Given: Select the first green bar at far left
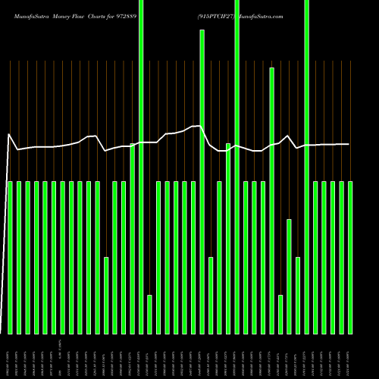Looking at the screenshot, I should pos(11,258).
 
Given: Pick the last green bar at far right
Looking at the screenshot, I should pos(350,258).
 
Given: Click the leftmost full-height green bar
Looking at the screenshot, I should pos(141,167).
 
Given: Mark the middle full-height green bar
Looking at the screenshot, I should pos(237,167).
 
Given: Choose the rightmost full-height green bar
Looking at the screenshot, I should pos(307,167).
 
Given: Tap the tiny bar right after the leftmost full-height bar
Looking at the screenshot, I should pos(150,314).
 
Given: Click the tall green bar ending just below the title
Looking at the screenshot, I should pos(202,182).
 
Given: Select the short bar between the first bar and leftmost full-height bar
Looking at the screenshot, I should pos(106,296).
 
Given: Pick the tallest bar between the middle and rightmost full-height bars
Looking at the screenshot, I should pos(272,201).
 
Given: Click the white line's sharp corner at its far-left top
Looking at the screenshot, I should pos(8,135).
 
